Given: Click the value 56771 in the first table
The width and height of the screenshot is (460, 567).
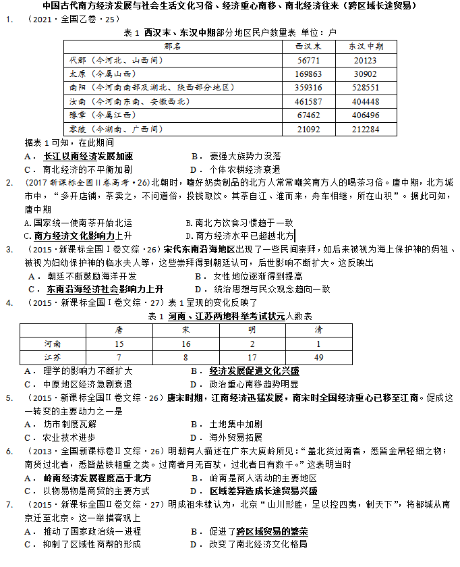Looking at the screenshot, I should tap(308, 59).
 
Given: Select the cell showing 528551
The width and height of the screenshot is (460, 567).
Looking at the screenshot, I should tap(366, 87).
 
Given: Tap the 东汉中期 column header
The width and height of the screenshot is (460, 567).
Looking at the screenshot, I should tap(366, 46).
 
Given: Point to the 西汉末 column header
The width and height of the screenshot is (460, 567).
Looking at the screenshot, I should tap(308, 46).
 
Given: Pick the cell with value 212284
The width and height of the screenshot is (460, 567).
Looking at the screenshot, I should tap(366, 128).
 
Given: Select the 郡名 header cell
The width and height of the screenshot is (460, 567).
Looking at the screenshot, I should tap(173, 46).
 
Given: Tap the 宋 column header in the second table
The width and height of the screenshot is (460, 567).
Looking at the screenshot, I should tap(185, 330).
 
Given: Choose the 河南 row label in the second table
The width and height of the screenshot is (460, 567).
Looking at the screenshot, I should tap(53, 344).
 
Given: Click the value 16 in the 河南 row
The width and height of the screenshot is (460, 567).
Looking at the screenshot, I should tap(185, 344).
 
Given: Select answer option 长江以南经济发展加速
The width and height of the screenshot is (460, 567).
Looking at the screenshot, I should tap(88, 156).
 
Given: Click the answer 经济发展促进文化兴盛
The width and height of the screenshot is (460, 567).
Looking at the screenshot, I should tap(254, 371).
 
